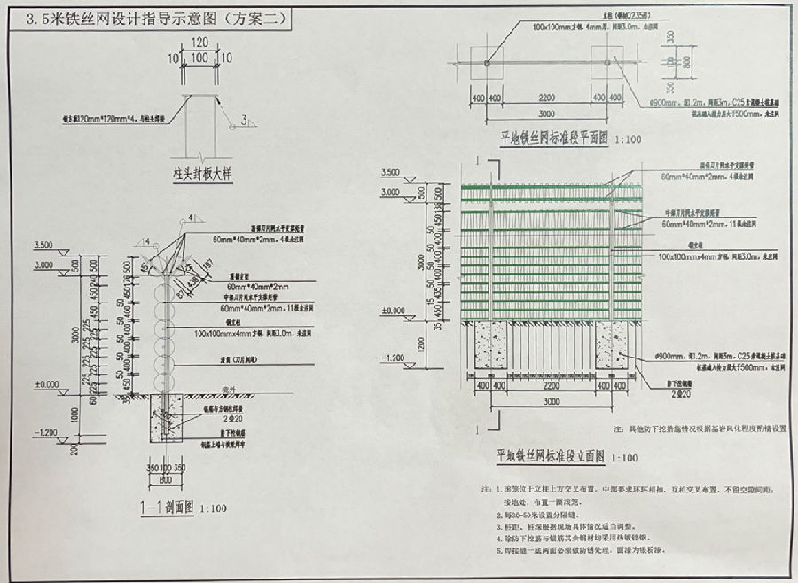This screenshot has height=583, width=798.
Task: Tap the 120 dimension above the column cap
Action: point(200,42)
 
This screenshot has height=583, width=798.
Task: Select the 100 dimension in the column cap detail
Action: point(200,58)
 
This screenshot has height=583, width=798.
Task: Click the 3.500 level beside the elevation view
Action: point(390,171)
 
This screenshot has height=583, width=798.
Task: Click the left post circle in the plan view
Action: point(488,62)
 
